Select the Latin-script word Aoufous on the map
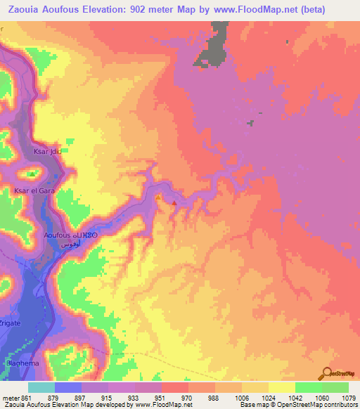[x=58, y=235]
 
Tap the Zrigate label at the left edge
[x=11, y=338]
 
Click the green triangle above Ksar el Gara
[x=31, y=173]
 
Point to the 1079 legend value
[x=348, y=397]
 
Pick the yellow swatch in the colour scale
[x=281, y=387]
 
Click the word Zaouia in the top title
[x=25, y=10]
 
